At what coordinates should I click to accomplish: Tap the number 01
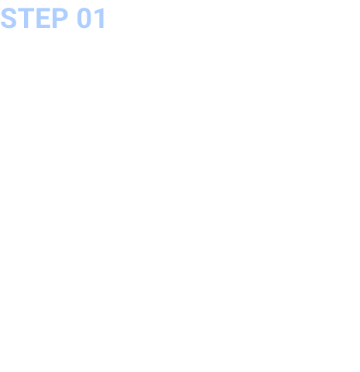(x=91, y=18)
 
